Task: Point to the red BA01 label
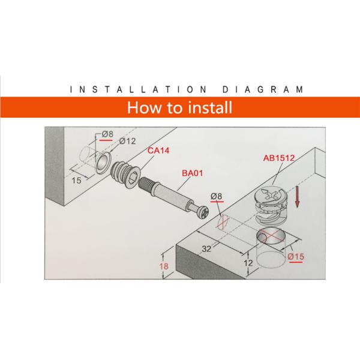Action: [191, 173]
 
